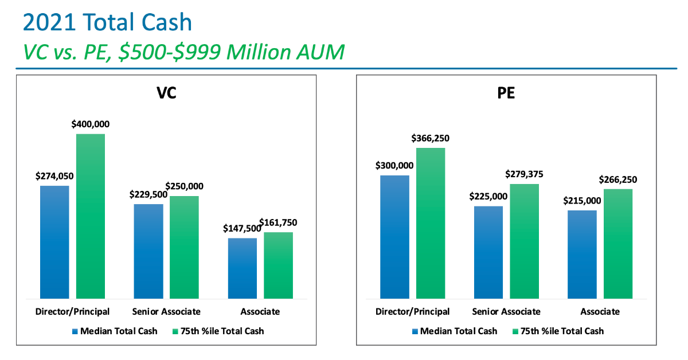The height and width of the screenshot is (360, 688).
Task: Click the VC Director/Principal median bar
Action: coord(54,241)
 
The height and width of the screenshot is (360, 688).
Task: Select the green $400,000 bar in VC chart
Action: coord(91,216)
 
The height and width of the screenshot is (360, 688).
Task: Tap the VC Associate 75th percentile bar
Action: coord(278,265)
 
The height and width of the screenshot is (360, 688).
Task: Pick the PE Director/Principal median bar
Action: coord(394,236)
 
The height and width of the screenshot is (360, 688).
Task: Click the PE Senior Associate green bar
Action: coord(524,241)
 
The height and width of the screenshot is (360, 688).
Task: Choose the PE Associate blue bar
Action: coord(582,254)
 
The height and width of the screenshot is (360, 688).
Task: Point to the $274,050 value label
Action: coord(54,176)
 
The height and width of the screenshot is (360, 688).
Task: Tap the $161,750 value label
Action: coord(278,222)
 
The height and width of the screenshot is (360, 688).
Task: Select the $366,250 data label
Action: coord(431,138)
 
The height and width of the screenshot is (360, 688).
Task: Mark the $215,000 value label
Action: coord(582,201)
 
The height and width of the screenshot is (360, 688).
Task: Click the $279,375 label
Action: coord(524,174)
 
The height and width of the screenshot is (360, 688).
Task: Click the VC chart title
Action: coord(166,93)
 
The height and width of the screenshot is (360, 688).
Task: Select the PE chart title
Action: coord(506,93)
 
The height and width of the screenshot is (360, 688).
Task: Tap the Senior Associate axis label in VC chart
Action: coord(166,312)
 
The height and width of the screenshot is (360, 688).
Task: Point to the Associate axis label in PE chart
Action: coord(600,312)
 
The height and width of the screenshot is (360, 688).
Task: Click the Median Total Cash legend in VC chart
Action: coord(115,331)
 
